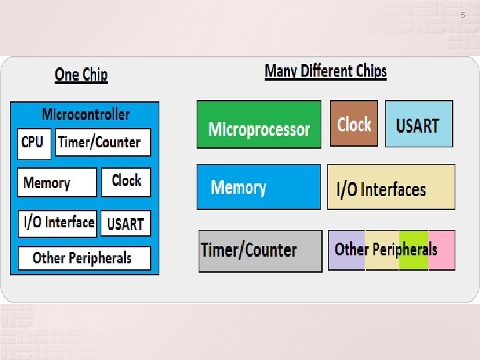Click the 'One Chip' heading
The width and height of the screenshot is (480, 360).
(x=81, y=75)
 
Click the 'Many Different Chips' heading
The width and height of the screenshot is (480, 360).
(x=325, y=71)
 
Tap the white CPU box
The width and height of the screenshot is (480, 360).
(x=33, y=143)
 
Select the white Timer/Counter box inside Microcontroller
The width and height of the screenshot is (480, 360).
(x=103, y=142)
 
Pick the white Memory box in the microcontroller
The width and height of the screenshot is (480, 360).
(x=57, y=182)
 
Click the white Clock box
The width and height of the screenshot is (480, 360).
(x=126, y=181)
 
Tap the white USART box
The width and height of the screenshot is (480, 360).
(x=126, y=223)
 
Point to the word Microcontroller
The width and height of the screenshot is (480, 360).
(x=85, y=114)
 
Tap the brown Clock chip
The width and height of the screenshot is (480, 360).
(x=354, y=123)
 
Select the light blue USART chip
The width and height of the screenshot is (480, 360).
(x=419, y=124)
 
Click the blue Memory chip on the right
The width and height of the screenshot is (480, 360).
(x=258, y=187)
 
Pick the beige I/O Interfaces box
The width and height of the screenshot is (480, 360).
(x=391, y=187)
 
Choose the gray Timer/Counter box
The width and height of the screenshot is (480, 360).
(x=260, y=251)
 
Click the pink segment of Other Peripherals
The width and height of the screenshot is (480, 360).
(x=442, y=250)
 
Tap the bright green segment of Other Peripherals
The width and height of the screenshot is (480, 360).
(x=413, y=250)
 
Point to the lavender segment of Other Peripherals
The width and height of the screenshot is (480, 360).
(x=347, y=250)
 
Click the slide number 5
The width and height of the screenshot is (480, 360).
(x=463, y=15)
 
